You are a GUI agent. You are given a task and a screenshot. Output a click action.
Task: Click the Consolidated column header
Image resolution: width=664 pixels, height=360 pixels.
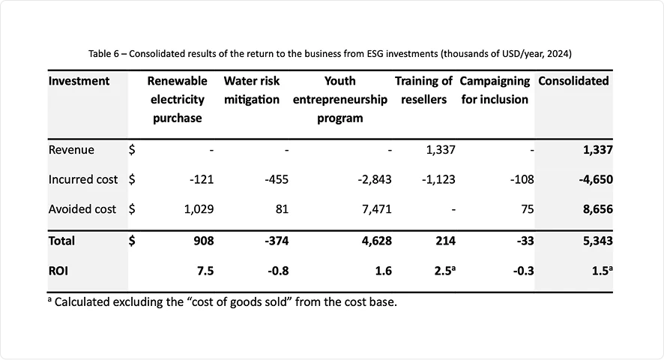click(573, 81)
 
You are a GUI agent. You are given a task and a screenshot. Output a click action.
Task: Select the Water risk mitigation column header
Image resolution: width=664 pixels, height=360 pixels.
click(251, 90)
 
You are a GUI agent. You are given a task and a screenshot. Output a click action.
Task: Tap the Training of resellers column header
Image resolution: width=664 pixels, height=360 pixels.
click(423, 90)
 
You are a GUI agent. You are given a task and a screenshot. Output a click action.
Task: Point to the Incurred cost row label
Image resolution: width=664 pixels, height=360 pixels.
click(82, 179)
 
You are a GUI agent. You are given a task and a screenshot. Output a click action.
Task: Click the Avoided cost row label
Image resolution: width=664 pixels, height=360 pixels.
click(82, 209)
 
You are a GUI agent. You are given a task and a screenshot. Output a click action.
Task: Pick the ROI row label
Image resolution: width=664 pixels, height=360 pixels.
click(58, 271)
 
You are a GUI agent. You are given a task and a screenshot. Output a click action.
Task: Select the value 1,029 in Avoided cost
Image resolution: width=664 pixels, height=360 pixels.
click(199, 209)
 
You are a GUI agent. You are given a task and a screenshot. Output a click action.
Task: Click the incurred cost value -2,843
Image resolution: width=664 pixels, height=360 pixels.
click(375, 179)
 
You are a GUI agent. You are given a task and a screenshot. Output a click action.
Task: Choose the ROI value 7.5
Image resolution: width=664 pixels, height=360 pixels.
click(205, 271)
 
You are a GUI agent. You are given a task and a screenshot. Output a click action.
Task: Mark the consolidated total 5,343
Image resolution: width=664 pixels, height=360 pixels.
click(597, 241)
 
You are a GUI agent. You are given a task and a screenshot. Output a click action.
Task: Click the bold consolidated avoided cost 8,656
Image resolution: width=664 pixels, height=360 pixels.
click(597, 209)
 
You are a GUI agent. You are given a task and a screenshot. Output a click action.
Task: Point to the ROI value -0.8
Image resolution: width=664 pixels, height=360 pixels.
click(278, 271)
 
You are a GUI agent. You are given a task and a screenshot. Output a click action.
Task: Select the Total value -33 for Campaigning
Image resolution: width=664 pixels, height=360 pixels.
click(523, 241)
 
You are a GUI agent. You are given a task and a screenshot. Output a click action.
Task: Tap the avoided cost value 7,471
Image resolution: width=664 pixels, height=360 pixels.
click(376, 209)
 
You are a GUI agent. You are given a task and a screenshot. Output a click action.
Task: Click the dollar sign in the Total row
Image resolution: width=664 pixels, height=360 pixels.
click(132, 241)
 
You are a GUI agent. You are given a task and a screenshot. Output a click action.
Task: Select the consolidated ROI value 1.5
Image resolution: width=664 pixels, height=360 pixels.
click(599, 271)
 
